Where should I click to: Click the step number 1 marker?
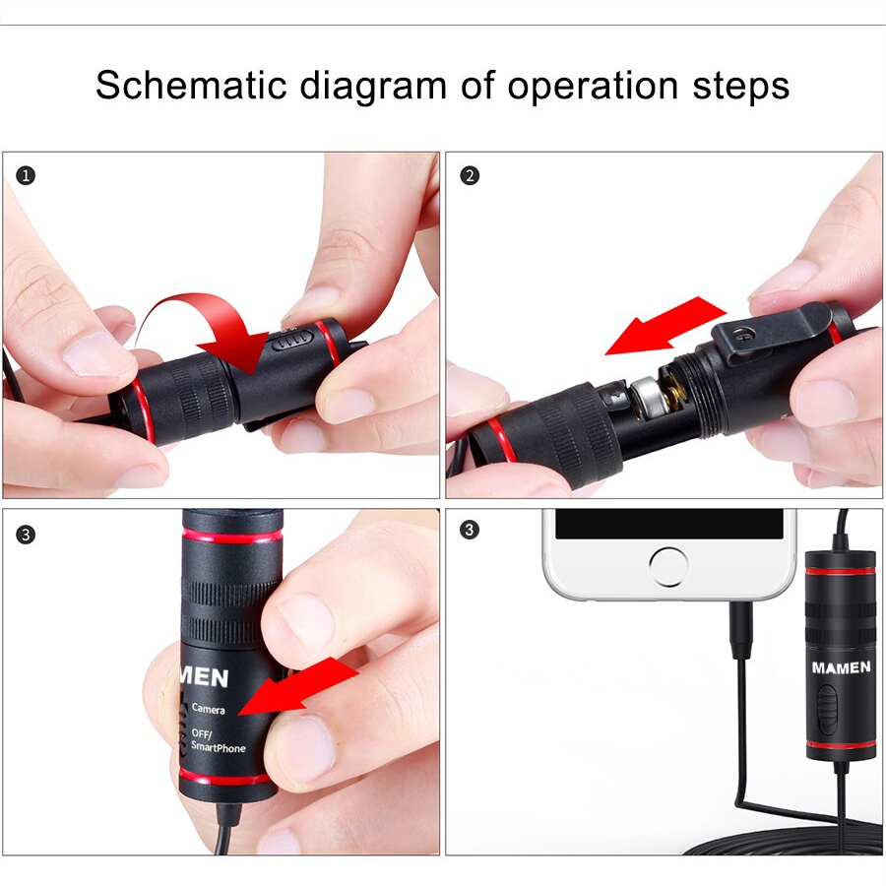pos(26,176)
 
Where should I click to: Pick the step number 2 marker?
pos(470,176)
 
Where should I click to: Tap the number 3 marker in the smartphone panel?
pos(470,531)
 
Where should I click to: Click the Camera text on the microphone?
pos(208,709)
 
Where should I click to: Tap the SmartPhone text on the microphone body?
pos(218,748)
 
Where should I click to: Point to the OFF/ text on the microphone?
pos(203,733)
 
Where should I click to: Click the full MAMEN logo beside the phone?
pos(841,667)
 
